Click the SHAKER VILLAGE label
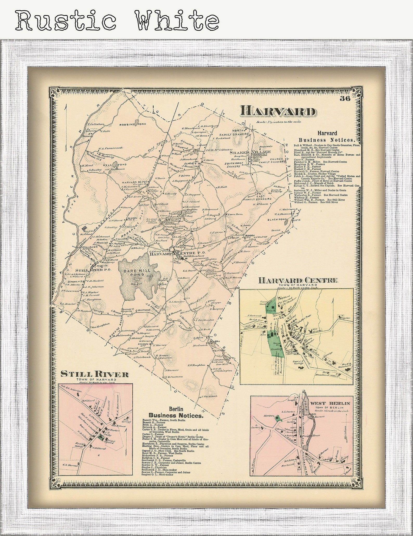(x=250, y=152)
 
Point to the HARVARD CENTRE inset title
(x=298, y=280)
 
